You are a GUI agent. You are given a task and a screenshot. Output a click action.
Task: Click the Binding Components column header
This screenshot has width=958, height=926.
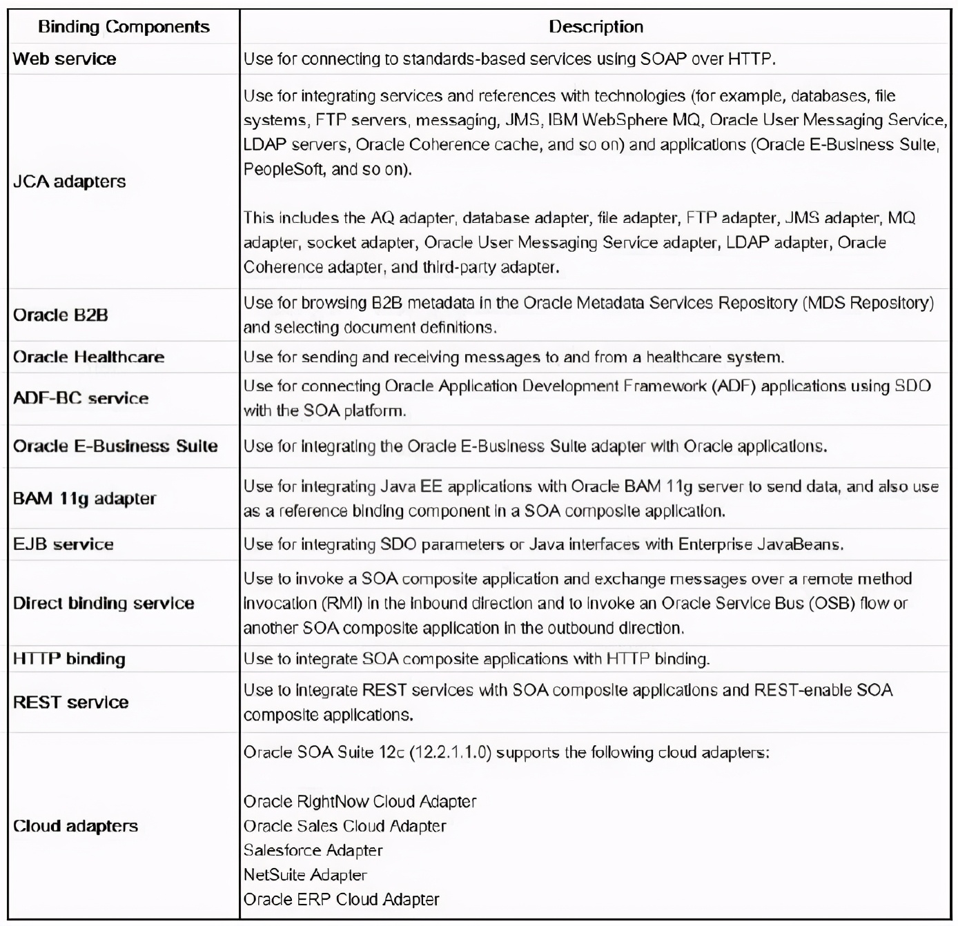pyautogui.click(x=124, y=27)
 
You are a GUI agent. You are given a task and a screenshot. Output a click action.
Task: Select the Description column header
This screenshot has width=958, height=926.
pyautogui.click(x=596, y=27)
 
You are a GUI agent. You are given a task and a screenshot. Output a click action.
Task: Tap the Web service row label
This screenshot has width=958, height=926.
pyautogui.click(x=64, y=59)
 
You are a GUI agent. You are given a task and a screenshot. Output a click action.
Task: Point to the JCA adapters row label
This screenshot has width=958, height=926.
pyautogui.click(x=69, y=181)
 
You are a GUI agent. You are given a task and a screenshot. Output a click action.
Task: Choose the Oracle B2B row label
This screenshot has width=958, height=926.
pyautogui.click(x=60, y=315)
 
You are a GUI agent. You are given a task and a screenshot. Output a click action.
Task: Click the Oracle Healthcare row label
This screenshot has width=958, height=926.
pyautogui.click(x=88, y=357)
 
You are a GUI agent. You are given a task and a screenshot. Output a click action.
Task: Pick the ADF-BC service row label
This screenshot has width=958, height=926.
pyautogui.click(x=80, y=398)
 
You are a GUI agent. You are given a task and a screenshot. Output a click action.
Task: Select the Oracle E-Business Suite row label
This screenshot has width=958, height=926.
pyautogui.click(x=115, y=446)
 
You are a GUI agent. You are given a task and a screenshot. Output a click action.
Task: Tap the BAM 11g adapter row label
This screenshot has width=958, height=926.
pyautogui.click(x=84, y=498)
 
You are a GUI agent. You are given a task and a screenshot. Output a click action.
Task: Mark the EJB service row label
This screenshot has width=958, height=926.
pyautogui.click(x=63, y=544)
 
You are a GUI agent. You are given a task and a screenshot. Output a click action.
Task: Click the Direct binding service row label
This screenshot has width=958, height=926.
pyautogui.click(x=104, y=603)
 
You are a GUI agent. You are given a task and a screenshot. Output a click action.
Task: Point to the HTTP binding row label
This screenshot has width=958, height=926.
pyautogui.click(x=69, y=658)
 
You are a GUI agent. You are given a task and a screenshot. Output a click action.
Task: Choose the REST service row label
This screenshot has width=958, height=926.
pyautogui.click(x=70, y=702)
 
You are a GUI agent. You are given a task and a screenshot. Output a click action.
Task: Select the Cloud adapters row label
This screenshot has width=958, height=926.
pyautogui.click(x=75, y=826)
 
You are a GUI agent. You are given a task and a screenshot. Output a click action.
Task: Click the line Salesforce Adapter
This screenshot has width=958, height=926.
pyautogui.click(x=313, y=850)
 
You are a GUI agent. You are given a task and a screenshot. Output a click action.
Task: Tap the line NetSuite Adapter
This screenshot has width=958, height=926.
pyautogui.click(x=305, y=875)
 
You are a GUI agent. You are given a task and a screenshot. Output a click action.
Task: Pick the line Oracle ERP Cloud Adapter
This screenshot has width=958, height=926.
pyautogui.click(x=341, y=899)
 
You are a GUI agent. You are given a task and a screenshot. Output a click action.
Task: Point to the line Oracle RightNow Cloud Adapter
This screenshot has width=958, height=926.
pyautogui.click(x=360, y=801)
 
